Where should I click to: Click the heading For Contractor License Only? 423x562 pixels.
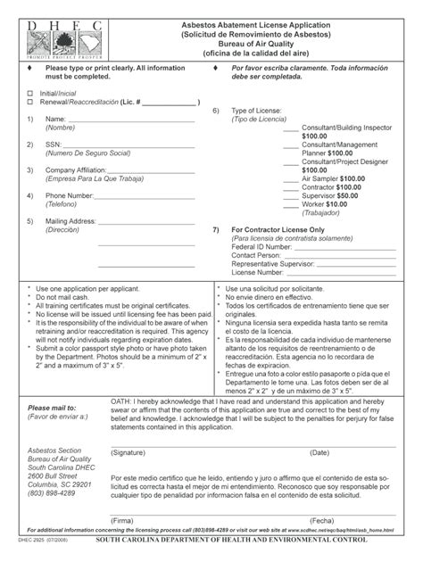coord(286,229)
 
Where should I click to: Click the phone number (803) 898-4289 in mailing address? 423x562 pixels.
coord(51,493)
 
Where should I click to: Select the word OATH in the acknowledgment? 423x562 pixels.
coord(121,402)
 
